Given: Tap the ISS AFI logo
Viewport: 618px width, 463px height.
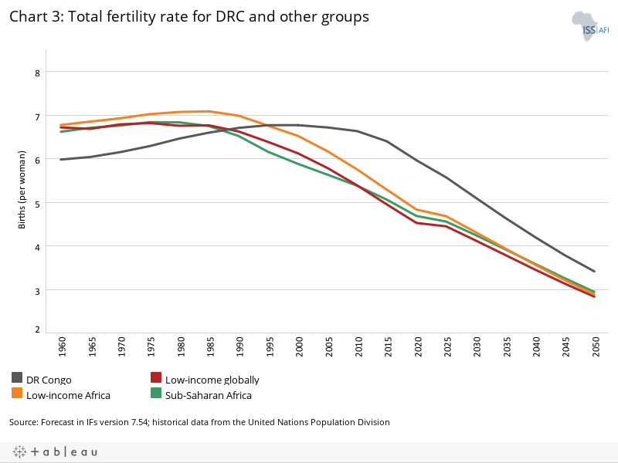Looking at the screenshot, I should (x=589, y=25).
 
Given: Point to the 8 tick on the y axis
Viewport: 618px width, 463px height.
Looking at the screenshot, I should (x=36, y=73).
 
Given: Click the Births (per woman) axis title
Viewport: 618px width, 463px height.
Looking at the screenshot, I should (x=22, y=190).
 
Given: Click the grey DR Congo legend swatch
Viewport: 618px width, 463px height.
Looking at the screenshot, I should (x=17, y=378).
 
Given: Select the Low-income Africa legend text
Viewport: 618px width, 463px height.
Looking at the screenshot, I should (x=68, y=395).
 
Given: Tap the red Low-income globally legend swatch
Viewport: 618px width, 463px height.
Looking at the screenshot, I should (x=155, y=378).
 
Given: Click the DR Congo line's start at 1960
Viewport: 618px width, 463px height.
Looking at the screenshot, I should (x=61, y=160).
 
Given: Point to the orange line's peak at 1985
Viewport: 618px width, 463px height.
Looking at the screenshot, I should (x=209, y=111).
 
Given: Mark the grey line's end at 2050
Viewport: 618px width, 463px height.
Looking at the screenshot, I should (x=594, y=272).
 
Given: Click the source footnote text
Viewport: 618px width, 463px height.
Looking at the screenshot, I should (x=199, y=422).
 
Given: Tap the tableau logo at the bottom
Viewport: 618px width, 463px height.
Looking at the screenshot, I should (x=54, y=451).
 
